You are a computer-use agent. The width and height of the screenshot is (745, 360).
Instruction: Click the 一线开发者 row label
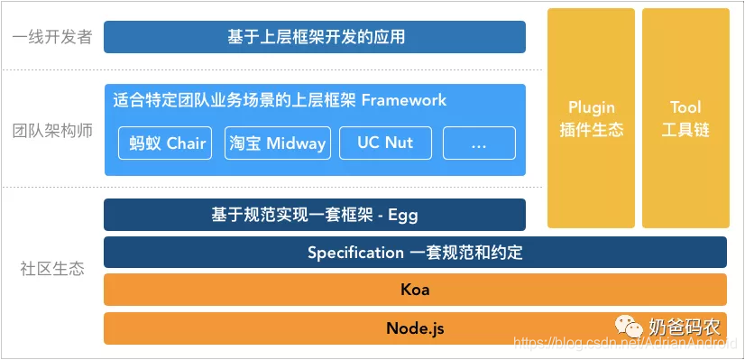[x=52, y=38]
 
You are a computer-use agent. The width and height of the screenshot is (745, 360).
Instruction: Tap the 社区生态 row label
[x=52, y=269]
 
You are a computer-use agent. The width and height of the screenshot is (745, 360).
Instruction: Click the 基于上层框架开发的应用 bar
[x=315, y=37]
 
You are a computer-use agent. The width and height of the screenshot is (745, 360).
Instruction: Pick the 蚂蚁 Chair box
[x=167, y=143]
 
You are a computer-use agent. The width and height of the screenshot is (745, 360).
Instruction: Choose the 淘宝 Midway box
[x=277, y=143]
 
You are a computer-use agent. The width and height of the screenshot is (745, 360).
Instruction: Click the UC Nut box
[x=385, y=143]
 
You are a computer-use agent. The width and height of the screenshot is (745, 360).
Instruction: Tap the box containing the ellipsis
[x=479, y=143]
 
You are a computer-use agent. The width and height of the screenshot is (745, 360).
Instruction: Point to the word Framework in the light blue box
[x=403, y=99]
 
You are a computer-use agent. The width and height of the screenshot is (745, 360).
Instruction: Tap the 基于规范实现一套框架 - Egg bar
[x=315, y=215]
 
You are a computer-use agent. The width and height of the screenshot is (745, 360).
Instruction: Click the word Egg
[x=402, y=215]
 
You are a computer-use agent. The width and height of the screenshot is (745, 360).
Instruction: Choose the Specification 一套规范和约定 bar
[x=415, y=253]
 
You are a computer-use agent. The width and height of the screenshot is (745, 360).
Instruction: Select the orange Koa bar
[x=415, y=290]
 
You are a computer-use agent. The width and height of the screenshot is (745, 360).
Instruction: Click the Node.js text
[x=415, y=328]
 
